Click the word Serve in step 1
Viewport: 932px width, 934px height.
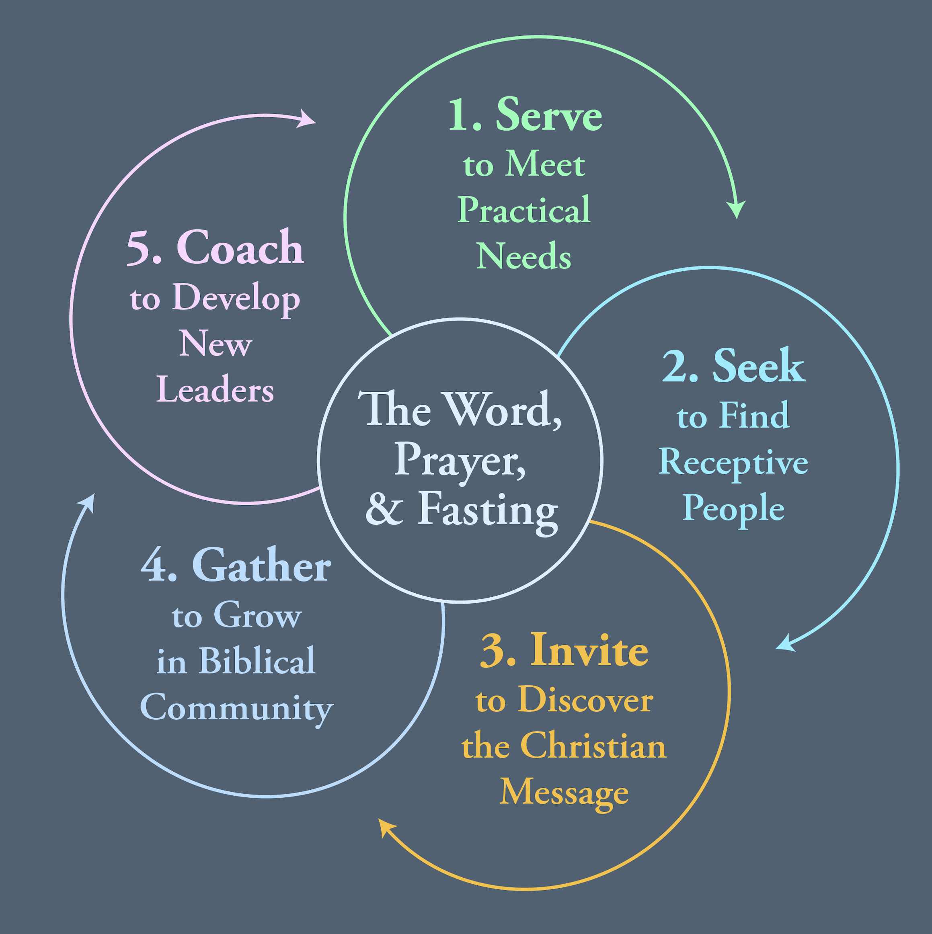tap(548, 115)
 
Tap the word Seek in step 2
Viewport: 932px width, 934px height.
tap(758, 367)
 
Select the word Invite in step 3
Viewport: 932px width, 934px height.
tap(589, 651)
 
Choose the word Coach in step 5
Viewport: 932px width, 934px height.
tap(240, 248)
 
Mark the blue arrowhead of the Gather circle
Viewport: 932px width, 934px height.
tap(88, 503)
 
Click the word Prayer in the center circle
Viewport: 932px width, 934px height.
tap(460, 460)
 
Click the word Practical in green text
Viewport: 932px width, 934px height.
tap(524, 210)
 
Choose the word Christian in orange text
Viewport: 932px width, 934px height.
tap(593, 746)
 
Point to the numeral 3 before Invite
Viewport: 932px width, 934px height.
tap(498, 651)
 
